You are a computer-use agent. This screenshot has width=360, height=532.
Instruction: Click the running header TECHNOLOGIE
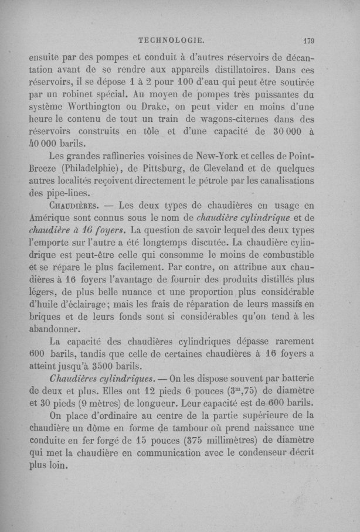tap(171, 41)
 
